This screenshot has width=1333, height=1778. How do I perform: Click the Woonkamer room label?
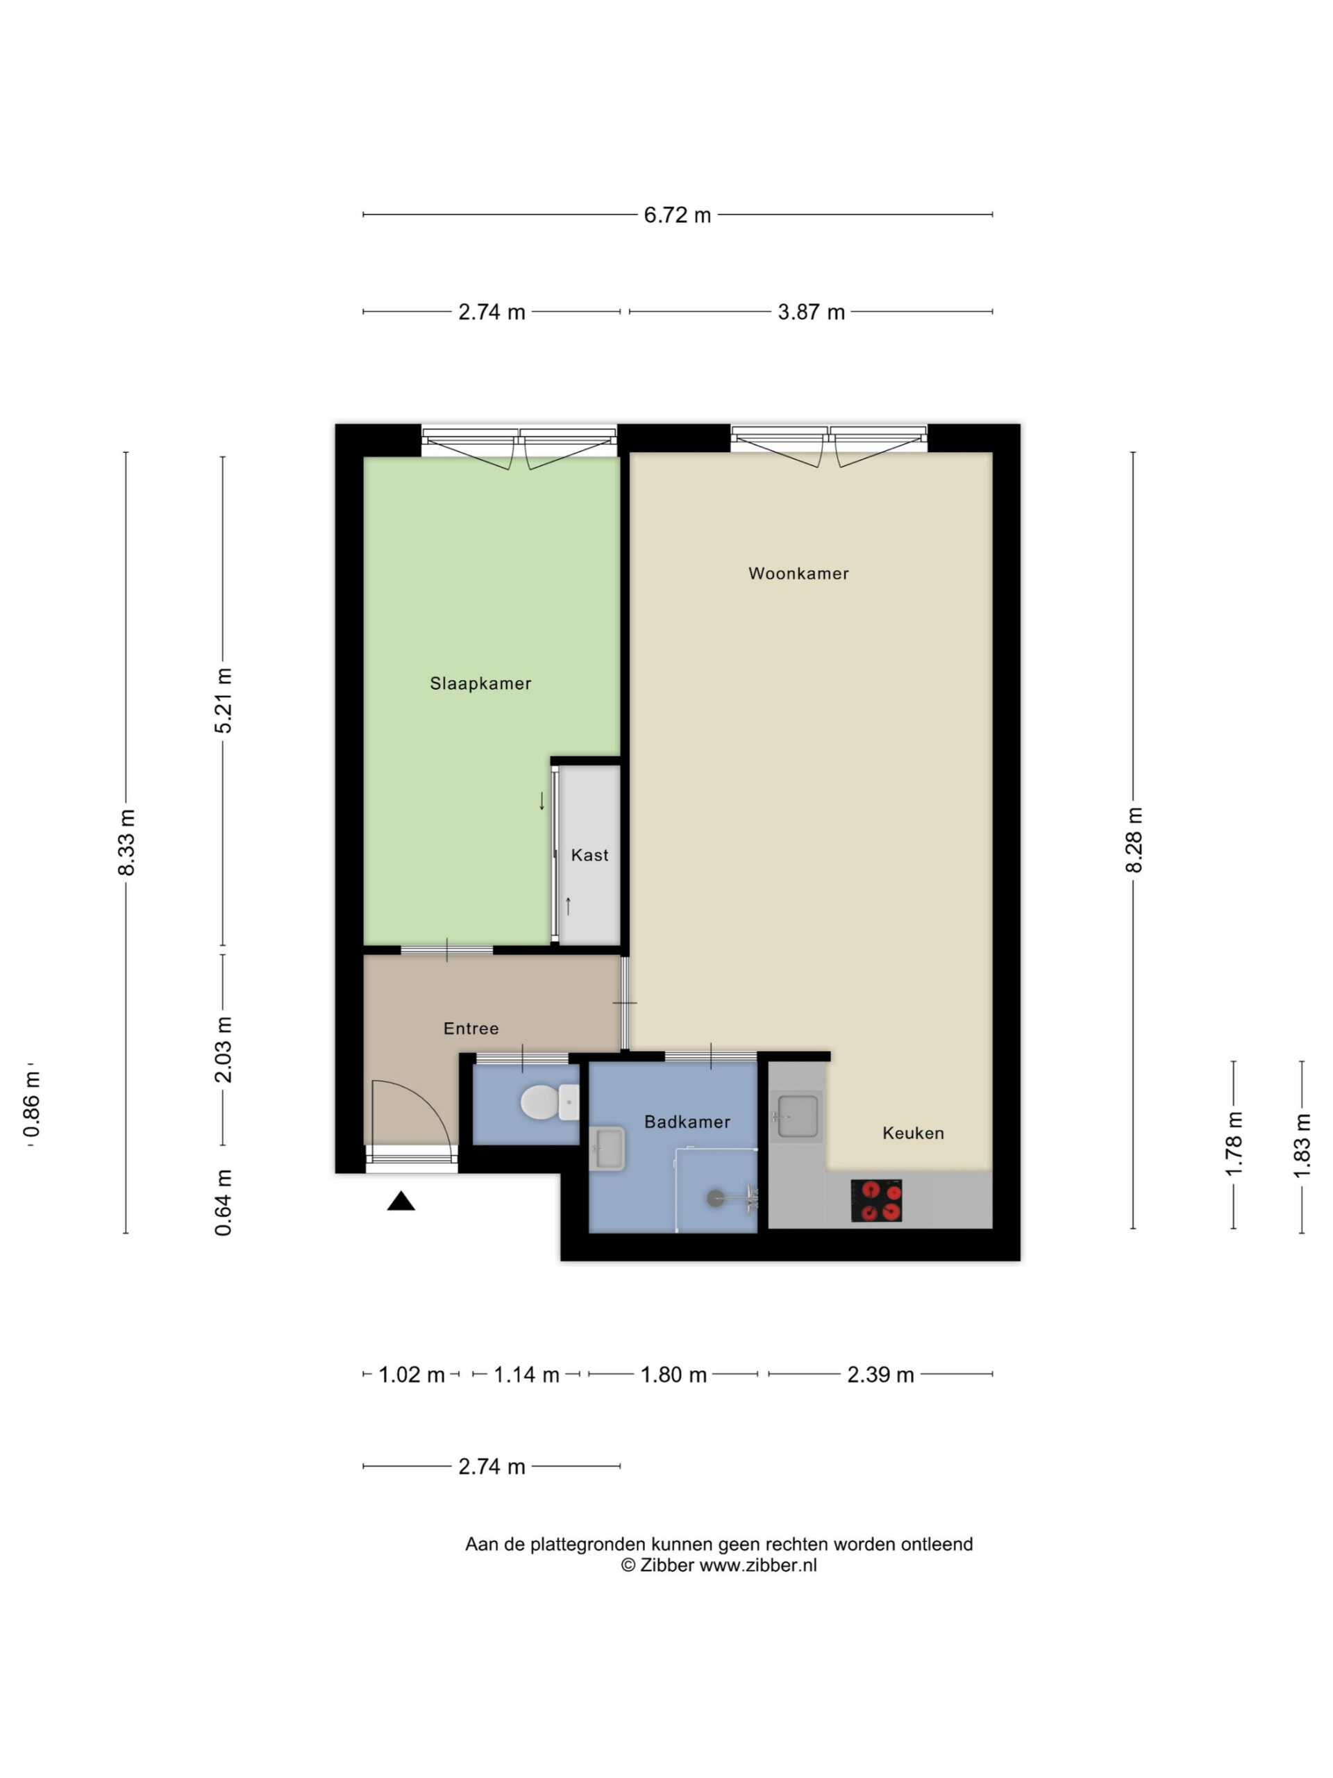pyautogui.click(x=798, y=573)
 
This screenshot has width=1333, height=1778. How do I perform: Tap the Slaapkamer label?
pyautogui.click(x=480, y=683)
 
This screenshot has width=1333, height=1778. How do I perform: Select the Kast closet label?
pyautogui.click(x=589, y=855)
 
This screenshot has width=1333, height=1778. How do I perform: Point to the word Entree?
pyautogui.click(x=471, y=1028)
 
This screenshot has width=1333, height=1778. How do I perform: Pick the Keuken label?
pyautogui.click(x=913, y=1133)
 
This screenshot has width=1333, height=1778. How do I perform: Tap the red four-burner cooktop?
pyautogui.click(x=875, y=1201)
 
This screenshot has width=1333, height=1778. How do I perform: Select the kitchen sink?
pyautogui.click(x=796, y=1117)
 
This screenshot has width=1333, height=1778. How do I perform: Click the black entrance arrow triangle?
pyautogui.click(x=401, y=1201)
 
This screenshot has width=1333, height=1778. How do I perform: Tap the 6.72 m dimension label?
pyautogui.click(x=678, y=215)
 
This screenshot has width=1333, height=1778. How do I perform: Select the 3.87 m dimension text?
pyautogui.click(x=811, y=312)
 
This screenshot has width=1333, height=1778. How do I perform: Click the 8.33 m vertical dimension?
pyautogui.click(x=126, y=842)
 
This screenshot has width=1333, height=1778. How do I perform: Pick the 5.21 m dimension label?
pyautogui.click(x=224, y=700)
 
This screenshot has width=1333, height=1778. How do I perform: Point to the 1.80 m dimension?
pyautogui.click(x=673, y=1374)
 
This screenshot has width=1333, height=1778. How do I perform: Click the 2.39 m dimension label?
pyautogui.click(x=880, y=1374)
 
